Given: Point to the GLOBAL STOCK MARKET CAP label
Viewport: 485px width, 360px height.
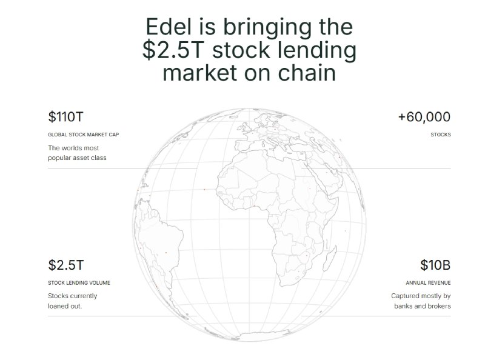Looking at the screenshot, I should tap(83, 134).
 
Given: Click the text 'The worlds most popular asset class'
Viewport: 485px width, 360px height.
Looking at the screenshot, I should tap(73, 153).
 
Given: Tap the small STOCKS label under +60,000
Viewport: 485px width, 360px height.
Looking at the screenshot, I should tap(440, 134).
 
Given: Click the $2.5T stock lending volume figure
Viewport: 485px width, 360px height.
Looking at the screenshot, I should tap(65, 265).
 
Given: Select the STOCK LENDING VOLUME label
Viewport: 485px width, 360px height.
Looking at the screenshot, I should tap(79, 282).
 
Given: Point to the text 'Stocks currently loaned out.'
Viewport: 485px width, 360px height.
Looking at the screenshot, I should tap(72, 301).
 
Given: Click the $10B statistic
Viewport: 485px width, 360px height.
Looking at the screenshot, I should tap(435, 265).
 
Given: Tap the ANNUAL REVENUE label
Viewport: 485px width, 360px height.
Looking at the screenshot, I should tap(428, 282).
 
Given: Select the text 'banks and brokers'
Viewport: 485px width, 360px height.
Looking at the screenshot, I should tap(421, 306).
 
